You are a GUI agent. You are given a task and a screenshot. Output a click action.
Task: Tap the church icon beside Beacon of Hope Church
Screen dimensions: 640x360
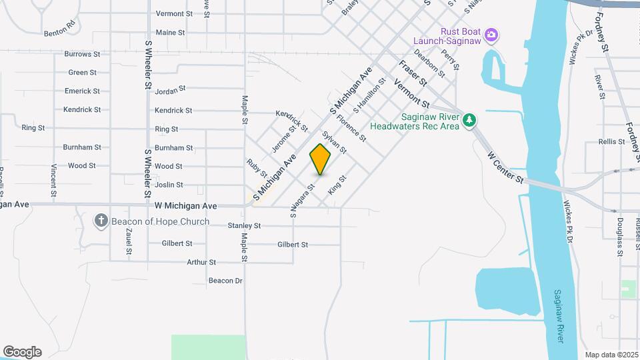101,221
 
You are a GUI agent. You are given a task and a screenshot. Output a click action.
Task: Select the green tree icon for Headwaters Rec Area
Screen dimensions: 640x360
471,120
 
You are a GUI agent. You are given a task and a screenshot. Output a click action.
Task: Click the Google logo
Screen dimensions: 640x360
21,352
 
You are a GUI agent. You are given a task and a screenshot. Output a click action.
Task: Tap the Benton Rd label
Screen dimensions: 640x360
61,32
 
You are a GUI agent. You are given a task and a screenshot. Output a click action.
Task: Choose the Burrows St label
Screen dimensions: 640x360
82,54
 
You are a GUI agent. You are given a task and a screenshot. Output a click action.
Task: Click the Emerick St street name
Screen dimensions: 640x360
82,91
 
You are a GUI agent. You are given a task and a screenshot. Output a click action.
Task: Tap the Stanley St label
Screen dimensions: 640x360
243,227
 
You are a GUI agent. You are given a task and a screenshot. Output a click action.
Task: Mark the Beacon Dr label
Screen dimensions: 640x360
225,281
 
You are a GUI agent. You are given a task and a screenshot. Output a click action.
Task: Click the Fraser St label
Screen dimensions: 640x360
413,73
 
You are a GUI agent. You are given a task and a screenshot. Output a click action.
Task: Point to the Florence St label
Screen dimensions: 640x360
351,129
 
